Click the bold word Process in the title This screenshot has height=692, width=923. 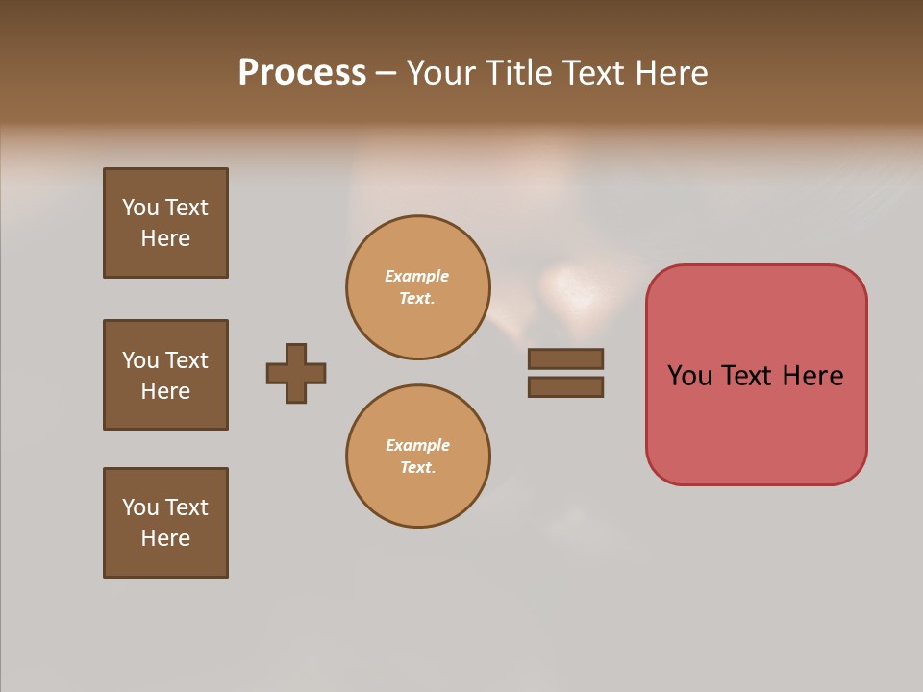point(302,72)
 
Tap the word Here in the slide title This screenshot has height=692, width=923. point(673,72)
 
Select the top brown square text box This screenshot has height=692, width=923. point(166,223)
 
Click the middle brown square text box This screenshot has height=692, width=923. point(166,375)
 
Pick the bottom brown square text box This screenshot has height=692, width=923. point(166,523)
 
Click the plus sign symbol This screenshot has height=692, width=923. point(296,373)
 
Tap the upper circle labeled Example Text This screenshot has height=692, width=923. point(418,287)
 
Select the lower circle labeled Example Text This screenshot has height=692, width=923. point(418,457)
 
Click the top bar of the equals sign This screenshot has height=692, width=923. point(565,358)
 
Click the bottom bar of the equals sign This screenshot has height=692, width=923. point(565,386)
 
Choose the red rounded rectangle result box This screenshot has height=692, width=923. point(756,423)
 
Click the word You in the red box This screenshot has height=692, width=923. point(690,376)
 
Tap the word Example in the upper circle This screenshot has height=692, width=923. point(416,276)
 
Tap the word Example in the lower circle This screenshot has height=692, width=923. point(417,445)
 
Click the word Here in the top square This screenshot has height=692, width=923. point(165,238)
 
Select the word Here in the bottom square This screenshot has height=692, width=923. point(165,538)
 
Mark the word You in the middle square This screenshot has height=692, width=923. point(140,360)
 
